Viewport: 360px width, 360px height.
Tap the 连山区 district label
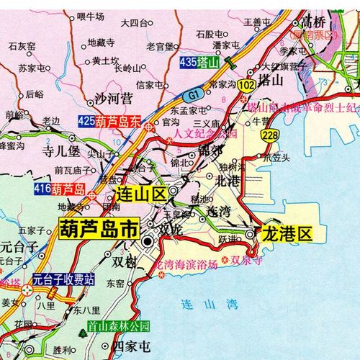[141, 194]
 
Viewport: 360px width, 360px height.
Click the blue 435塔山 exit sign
[199, 63]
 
